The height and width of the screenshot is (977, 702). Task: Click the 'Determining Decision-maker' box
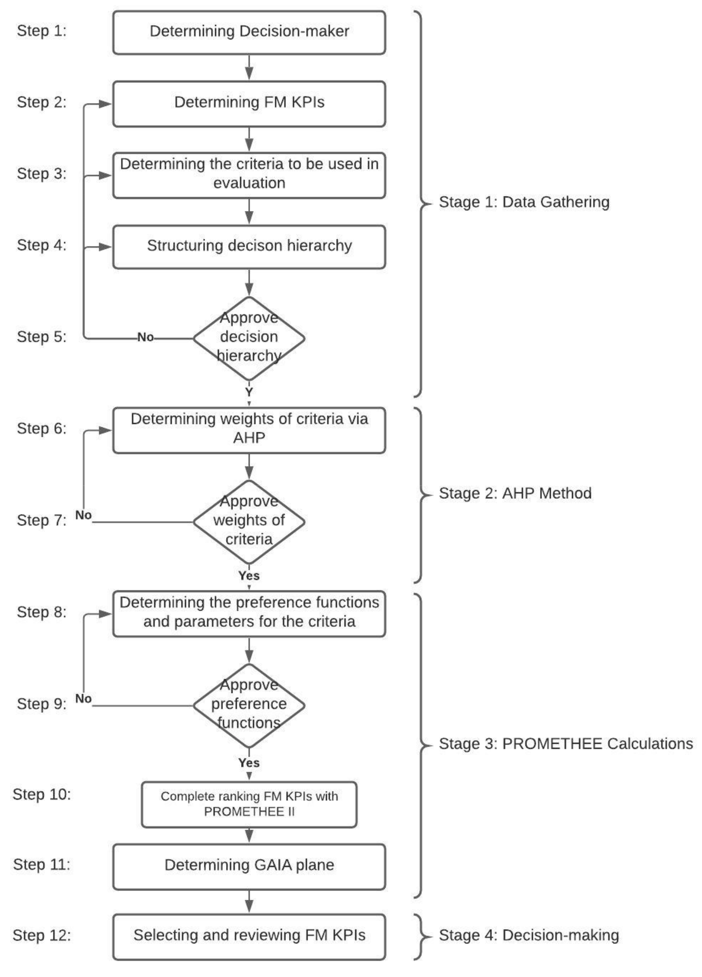point(249,32)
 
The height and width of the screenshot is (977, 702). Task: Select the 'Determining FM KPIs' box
point(249,103)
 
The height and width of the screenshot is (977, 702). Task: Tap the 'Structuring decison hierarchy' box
point(249,247)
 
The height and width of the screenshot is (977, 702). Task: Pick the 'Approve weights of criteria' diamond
point(249,521)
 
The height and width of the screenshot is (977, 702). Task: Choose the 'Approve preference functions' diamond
point(249,705)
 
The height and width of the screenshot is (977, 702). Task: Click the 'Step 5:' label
point(42,337)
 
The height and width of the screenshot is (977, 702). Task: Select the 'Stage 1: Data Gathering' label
point(524,202)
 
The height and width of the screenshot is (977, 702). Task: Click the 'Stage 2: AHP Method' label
point(515,493)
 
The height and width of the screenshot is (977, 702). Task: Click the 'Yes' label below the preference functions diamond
point(249,763)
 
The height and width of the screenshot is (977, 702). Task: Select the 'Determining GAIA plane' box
point(249,865)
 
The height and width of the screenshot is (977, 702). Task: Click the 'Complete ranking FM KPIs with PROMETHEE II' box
point(249,804)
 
